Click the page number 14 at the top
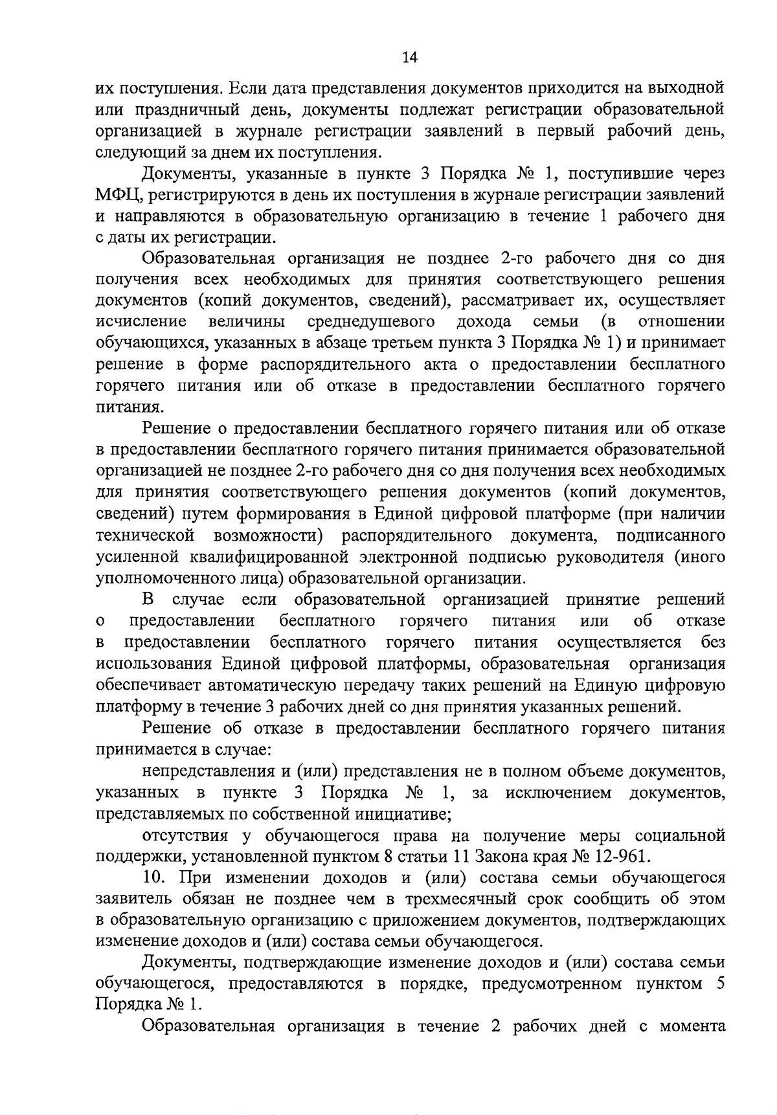(409, 58)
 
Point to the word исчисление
(141, 322)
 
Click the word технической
(145, 535)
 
